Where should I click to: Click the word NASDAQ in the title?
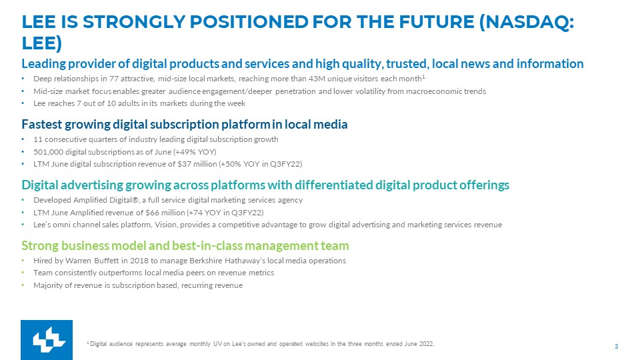pos(527,22)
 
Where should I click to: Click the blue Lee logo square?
pos(47,340)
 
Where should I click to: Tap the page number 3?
pos(616,347)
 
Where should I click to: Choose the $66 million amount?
pos(165,213)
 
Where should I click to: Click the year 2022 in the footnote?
pos(427,344)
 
